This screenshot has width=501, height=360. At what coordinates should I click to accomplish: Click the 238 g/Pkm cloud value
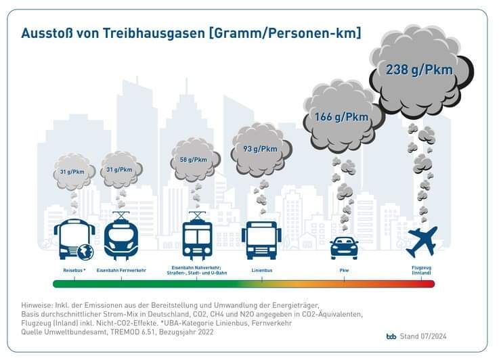(x=419, y=68)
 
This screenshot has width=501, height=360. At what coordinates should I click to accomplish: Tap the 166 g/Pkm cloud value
(x=341, y=117)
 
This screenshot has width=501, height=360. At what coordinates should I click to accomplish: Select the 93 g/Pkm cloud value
(x=260, y=149)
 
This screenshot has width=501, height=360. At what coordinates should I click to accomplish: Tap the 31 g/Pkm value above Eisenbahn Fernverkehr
(x=119, y=169)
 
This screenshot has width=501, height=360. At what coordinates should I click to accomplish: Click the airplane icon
(x=421, y=241)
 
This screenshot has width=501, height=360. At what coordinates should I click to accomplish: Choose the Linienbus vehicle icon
(x=261, y=240)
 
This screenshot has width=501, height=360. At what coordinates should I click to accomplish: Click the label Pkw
(x=344, y=270)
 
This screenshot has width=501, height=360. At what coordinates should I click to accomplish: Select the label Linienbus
(x=261, y=270)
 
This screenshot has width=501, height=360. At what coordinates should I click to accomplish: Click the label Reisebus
(x=74, y=270)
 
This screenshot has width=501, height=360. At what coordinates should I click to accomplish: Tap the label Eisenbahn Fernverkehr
(x=121, y=270)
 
